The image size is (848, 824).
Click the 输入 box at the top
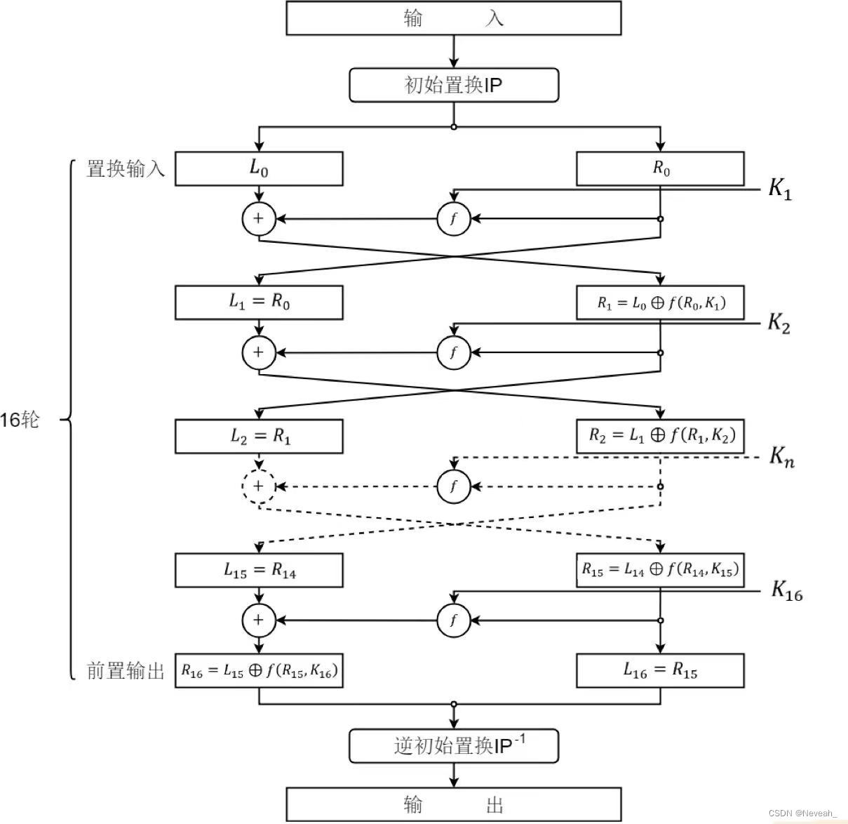(454, 18)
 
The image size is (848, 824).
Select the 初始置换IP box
(454, 86)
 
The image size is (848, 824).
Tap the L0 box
(259, 168)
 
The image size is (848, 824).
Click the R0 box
(660, 168)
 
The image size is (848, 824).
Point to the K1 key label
(780, 189)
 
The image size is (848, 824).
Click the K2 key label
(779, 324)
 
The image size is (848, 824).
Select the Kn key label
(781, 457)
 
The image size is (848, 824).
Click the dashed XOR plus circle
(259, 486)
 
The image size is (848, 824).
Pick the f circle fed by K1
(454, 219)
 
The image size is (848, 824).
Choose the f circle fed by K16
(454, 620)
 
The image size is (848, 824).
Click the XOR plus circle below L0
(259, 219)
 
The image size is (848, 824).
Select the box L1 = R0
(259, 303)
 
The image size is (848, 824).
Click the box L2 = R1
(259, 437)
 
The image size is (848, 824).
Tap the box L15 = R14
(259, 571)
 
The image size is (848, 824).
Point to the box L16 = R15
(660, 671)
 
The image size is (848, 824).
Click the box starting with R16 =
(259, 671)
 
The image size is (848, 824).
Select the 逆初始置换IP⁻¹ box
(454, 746)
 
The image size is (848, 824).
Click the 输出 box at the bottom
(454, 804)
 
